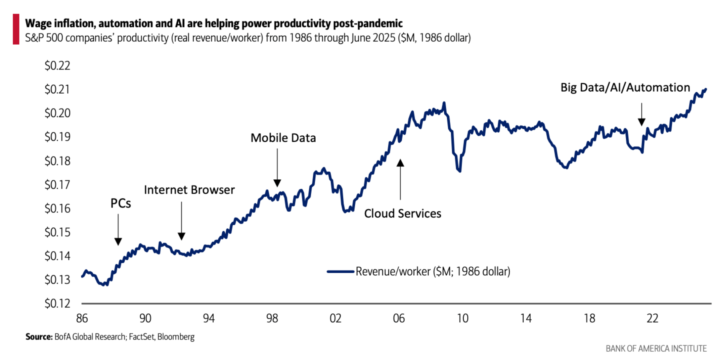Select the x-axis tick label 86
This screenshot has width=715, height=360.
(x=82, y=318)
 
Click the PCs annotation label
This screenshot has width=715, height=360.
(x=121, y=203)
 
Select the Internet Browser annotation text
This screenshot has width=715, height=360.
(x=189, y=189)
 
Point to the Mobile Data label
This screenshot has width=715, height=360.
(x=283, y=138)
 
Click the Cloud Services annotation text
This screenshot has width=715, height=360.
(x=403, y=213)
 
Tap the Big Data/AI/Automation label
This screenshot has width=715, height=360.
(x=625, y=88)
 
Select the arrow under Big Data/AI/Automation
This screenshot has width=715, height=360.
(x=641, y=114)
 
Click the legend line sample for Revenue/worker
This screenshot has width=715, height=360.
(x=341, y=271)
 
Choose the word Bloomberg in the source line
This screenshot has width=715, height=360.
(x=177, y=337)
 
